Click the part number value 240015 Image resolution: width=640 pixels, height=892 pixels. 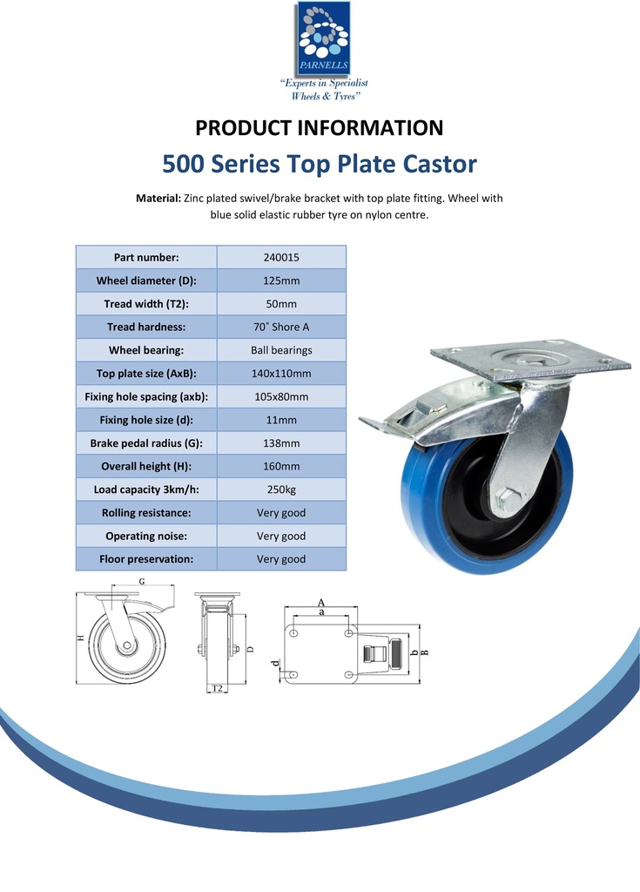281,257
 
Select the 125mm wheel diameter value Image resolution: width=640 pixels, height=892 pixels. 281,280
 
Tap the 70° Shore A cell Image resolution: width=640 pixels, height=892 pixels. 281,328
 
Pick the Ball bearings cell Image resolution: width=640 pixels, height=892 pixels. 281,350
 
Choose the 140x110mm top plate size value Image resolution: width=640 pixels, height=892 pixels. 281,374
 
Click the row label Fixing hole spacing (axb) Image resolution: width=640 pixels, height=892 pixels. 146,397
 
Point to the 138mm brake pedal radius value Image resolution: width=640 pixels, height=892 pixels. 281,443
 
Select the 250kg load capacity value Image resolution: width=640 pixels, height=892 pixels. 281,490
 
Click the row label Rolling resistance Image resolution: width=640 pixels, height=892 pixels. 146,512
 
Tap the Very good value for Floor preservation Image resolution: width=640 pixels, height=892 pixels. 281,559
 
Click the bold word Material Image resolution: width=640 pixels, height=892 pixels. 158,199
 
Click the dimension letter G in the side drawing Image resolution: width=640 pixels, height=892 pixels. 142,581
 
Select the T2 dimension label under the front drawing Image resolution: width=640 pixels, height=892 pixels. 218,688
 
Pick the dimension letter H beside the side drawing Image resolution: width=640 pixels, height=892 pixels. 81,638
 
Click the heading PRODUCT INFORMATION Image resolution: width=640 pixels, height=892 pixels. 320,128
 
